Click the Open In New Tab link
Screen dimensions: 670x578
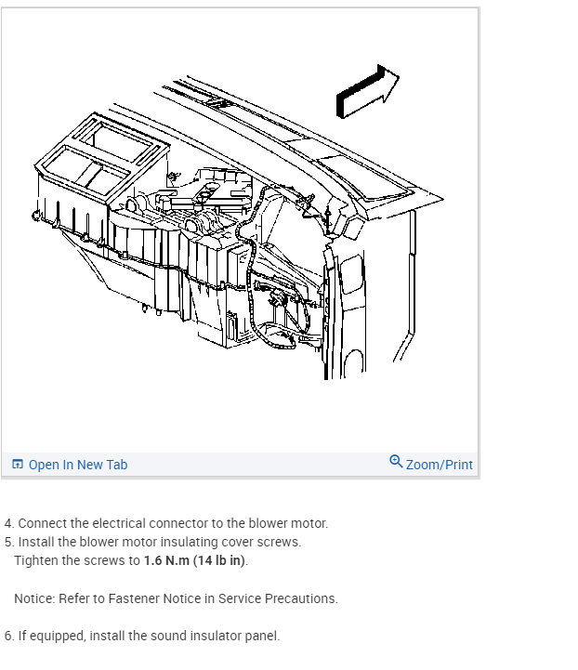(78, 465)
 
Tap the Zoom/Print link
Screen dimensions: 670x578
(439, 465)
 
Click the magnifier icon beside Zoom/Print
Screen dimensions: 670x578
(396, 462)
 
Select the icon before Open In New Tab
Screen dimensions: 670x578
(18, 465)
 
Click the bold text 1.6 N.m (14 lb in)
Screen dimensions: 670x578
(195, 561)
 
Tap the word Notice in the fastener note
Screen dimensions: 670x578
(33, 598)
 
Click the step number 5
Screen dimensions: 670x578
(8, 543)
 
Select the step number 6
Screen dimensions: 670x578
(8, 636)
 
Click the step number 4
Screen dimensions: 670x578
(8, 524)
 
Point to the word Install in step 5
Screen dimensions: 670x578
(37, 543)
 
